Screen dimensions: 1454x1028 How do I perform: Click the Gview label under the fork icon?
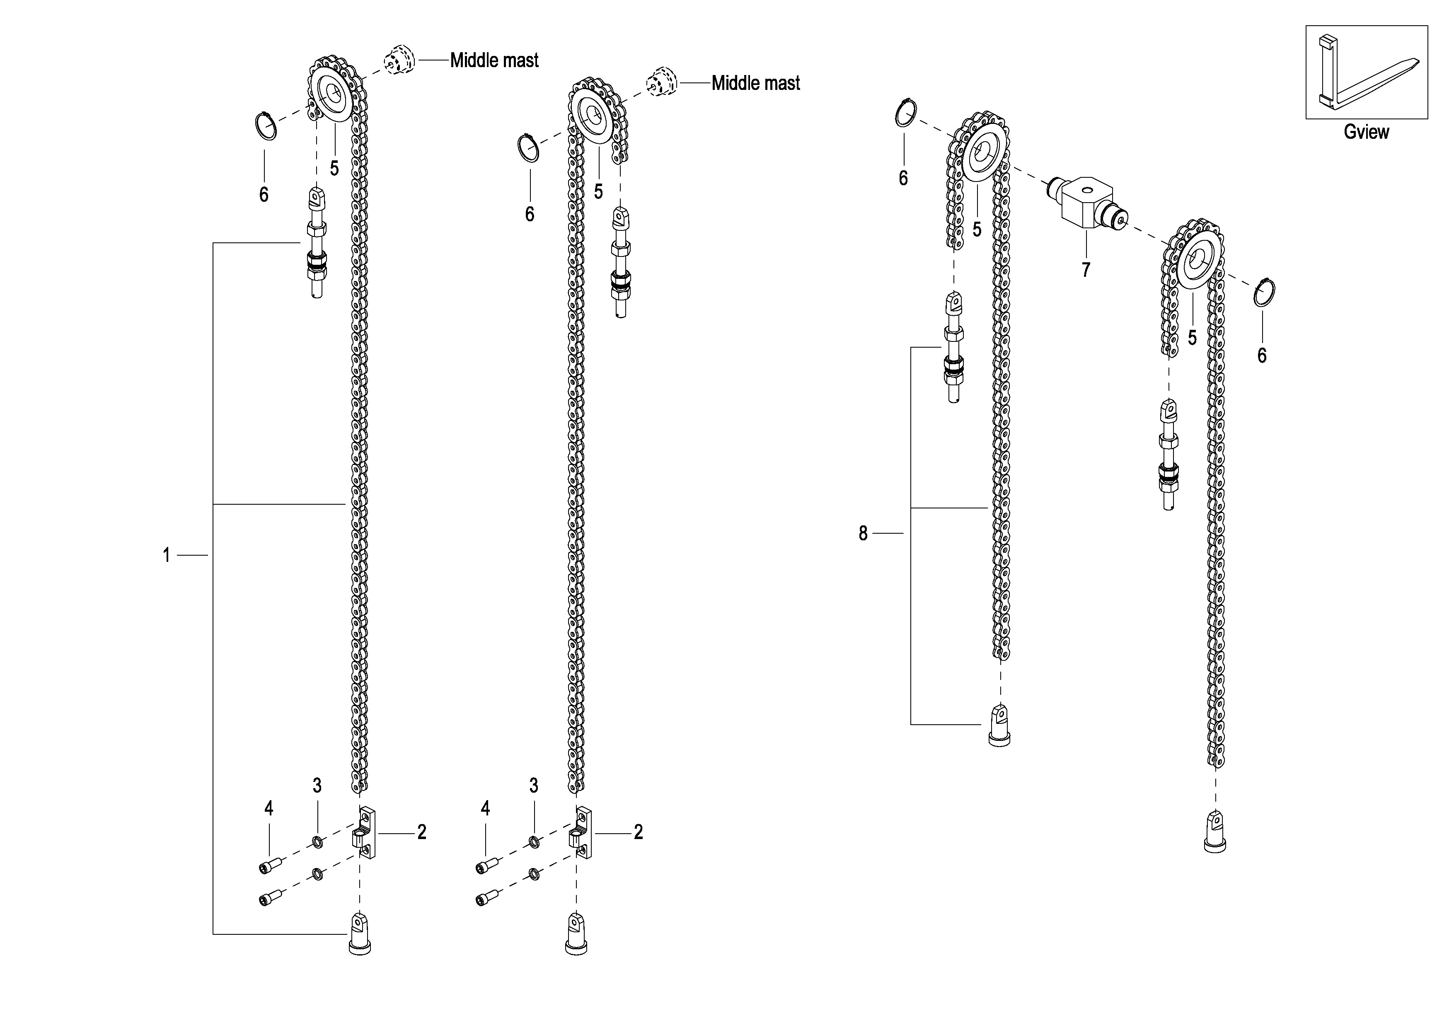point(1366,132)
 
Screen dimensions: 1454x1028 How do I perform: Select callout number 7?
point(1086,270)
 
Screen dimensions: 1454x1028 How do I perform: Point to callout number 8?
point(863,533)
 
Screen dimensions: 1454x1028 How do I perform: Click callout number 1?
point(167,556)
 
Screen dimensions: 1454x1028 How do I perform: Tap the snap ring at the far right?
point(1265,293)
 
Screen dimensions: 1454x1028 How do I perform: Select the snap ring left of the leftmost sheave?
point(266,126)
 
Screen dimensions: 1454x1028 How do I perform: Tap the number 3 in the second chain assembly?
point(534,786)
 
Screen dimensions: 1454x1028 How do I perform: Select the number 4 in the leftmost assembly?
point(269,808)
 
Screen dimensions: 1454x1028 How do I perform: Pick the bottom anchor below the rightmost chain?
point(1214,831)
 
